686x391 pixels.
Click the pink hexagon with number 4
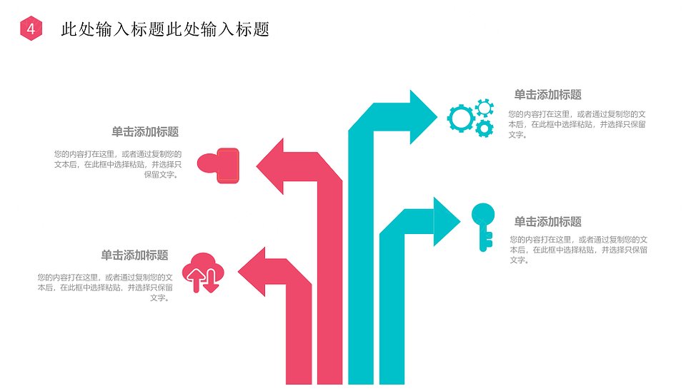(31, 29)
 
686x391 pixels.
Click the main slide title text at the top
(165, 29)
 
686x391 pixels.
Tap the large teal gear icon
(461, 118)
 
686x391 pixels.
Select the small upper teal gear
(484, 108)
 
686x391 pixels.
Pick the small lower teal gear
(484, 128)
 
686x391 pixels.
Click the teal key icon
(483, 227)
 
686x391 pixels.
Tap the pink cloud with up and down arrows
(203, 273)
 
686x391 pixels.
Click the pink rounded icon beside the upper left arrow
(219, 166)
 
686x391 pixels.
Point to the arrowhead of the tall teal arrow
(423, 117)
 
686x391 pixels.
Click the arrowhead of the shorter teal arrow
(446, 221)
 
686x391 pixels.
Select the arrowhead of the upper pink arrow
(270, 166)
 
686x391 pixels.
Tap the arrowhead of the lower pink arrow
(252, 272)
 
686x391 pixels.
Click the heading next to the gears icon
(548, 95)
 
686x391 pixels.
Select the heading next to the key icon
(548, 222)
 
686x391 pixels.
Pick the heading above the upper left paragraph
(145, 132)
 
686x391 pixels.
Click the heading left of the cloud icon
(135, 255)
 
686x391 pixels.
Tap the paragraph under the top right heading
(577, 125)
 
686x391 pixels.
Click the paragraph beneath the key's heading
(578, 250)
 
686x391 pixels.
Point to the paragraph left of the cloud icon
(105, 288)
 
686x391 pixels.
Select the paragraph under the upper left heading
(118, 164)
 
